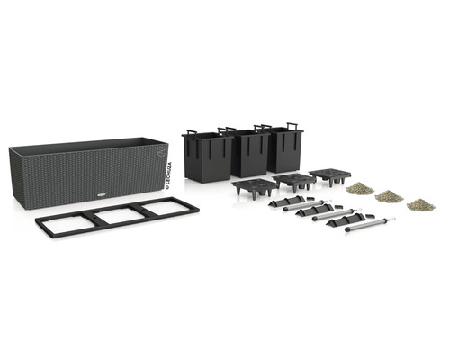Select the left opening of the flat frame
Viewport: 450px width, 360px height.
point(68,221)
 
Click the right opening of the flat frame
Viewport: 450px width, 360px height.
point(164,207)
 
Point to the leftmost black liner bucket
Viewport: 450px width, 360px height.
point(206,157)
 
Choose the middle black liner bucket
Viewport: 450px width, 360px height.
point(247,154)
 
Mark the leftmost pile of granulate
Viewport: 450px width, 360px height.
point(360,188)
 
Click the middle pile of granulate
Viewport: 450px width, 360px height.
point(389,195)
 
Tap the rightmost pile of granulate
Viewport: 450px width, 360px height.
point(419,204)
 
